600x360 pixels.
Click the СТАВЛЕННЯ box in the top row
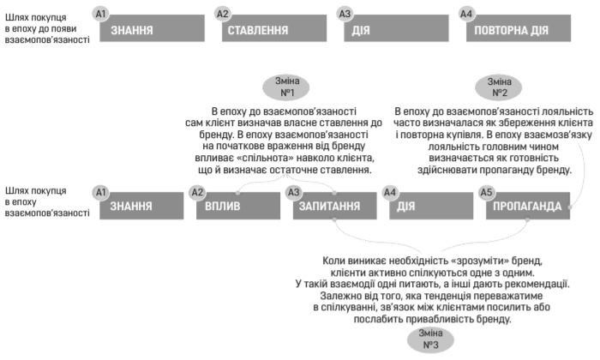[274, 28]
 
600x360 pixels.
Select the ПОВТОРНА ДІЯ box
[519, 28]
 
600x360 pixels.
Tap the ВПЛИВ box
[238, 206]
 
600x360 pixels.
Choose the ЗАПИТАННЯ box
[335, 206]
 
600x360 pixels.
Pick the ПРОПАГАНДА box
[528, 206]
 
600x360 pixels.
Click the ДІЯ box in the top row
[396, 28]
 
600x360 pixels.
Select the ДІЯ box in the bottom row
[431, 206]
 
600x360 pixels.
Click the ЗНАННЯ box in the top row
[152, 28]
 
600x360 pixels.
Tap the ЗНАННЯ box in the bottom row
[141, 206]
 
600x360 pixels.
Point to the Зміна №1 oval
[285, 87]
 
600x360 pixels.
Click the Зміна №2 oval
[499, 87]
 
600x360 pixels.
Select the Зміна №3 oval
[430, 339]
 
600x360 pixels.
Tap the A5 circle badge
[486, 192]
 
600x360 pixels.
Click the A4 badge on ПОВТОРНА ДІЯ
[466, 15]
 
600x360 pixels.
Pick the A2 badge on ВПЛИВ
[197, 192]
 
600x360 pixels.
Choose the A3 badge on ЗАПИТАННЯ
[294, 192]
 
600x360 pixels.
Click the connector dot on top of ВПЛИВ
[237, 193]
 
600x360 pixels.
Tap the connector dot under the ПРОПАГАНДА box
[528, 219]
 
